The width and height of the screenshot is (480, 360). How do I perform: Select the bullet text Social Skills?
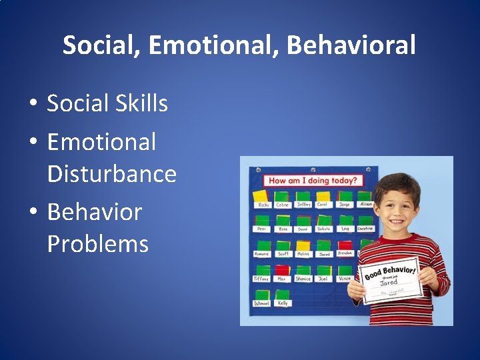click(107, 103)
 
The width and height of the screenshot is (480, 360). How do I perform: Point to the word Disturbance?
click(111, 174)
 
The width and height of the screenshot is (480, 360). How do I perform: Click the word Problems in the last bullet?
click(97, 244)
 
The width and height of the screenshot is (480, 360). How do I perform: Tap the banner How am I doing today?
click(312, 180)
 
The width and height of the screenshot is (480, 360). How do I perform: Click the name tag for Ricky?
click(261, 205)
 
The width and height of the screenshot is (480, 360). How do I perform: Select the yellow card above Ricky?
click(259, 195)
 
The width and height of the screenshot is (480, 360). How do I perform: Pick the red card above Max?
click(283, 269)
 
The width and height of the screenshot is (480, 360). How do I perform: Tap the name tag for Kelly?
click(283, 303)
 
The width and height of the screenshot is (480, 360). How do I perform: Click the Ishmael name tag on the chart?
click(262, 303)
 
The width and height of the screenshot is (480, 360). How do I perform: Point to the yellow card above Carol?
click(323, 196)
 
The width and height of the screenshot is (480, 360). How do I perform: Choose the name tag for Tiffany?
click(261, 279)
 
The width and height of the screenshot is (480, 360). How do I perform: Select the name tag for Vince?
click(344, 279)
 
